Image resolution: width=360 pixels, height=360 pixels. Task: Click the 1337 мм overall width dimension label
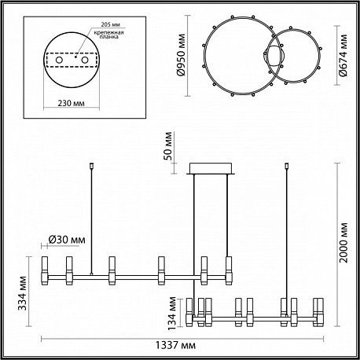175,345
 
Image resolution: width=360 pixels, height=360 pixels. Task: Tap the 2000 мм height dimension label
343,243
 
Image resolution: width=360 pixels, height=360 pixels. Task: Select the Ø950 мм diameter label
181,55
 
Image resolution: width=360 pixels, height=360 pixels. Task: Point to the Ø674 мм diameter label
343,56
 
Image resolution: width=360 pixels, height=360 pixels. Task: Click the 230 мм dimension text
72,103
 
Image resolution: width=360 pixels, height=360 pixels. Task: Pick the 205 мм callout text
111,24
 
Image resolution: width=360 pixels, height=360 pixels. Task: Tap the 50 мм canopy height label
169,146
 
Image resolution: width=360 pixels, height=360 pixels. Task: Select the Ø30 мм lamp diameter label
67,240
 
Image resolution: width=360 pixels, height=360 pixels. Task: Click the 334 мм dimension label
23,293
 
